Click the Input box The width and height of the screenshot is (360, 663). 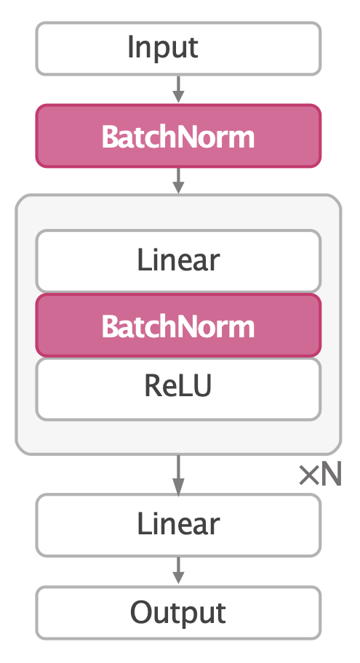178,48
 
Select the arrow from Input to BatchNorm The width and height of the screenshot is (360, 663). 178,89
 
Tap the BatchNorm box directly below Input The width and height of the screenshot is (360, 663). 178,136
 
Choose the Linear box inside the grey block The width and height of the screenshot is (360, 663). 178,260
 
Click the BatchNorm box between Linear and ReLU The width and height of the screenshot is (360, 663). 178,326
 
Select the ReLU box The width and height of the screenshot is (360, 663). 178,388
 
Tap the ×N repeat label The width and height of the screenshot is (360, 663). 320,475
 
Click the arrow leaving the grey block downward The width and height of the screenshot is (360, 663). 178,474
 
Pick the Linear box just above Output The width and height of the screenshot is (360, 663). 178,524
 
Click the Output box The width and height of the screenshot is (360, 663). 178,612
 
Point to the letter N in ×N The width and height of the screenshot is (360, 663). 331,475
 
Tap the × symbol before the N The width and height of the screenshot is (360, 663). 308,476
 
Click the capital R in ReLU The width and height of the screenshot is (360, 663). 153,387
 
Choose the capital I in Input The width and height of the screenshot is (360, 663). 131,48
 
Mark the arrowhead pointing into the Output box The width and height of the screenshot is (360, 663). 178,579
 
